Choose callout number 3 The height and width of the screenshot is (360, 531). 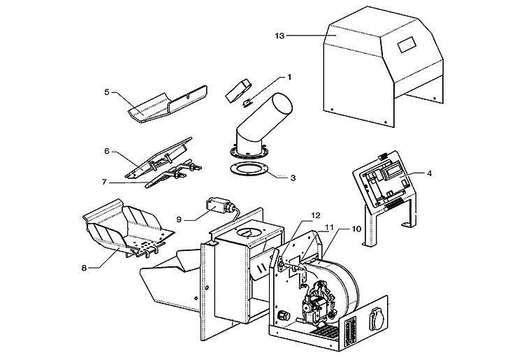tap(293, 177)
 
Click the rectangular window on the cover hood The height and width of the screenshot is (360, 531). tap(406, 47)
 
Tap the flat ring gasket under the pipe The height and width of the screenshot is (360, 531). tap(247, 169)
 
